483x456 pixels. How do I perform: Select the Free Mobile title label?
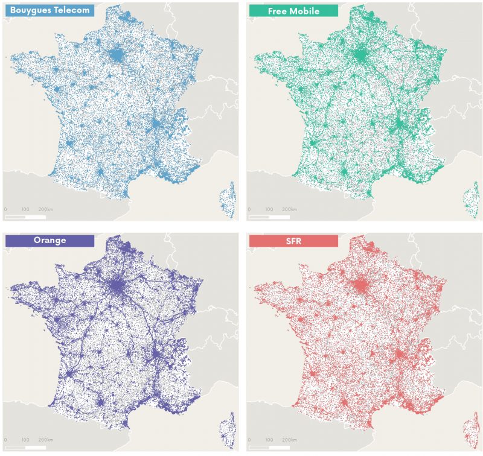[293, 10]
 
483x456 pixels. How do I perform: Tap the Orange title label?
[50, 240]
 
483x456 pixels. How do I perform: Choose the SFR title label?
[293, 240]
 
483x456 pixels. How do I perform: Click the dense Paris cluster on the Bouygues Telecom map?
[117, 56]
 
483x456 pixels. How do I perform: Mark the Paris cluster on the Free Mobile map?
[361, 56]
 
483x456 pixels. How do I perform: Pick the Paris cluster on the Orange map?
[117, 285]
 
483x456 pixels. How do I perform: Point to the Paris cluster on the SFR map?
[361, 285]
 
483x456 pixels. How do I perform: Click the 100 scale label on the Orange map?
[25, 440]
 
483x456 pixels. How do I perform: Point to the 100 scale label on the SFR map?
[269, 440]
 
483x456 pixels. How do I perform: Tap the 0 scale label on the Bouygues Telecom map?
[5, 209]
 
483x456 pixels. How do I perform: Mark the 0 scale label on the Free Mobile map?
[250, 209]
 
